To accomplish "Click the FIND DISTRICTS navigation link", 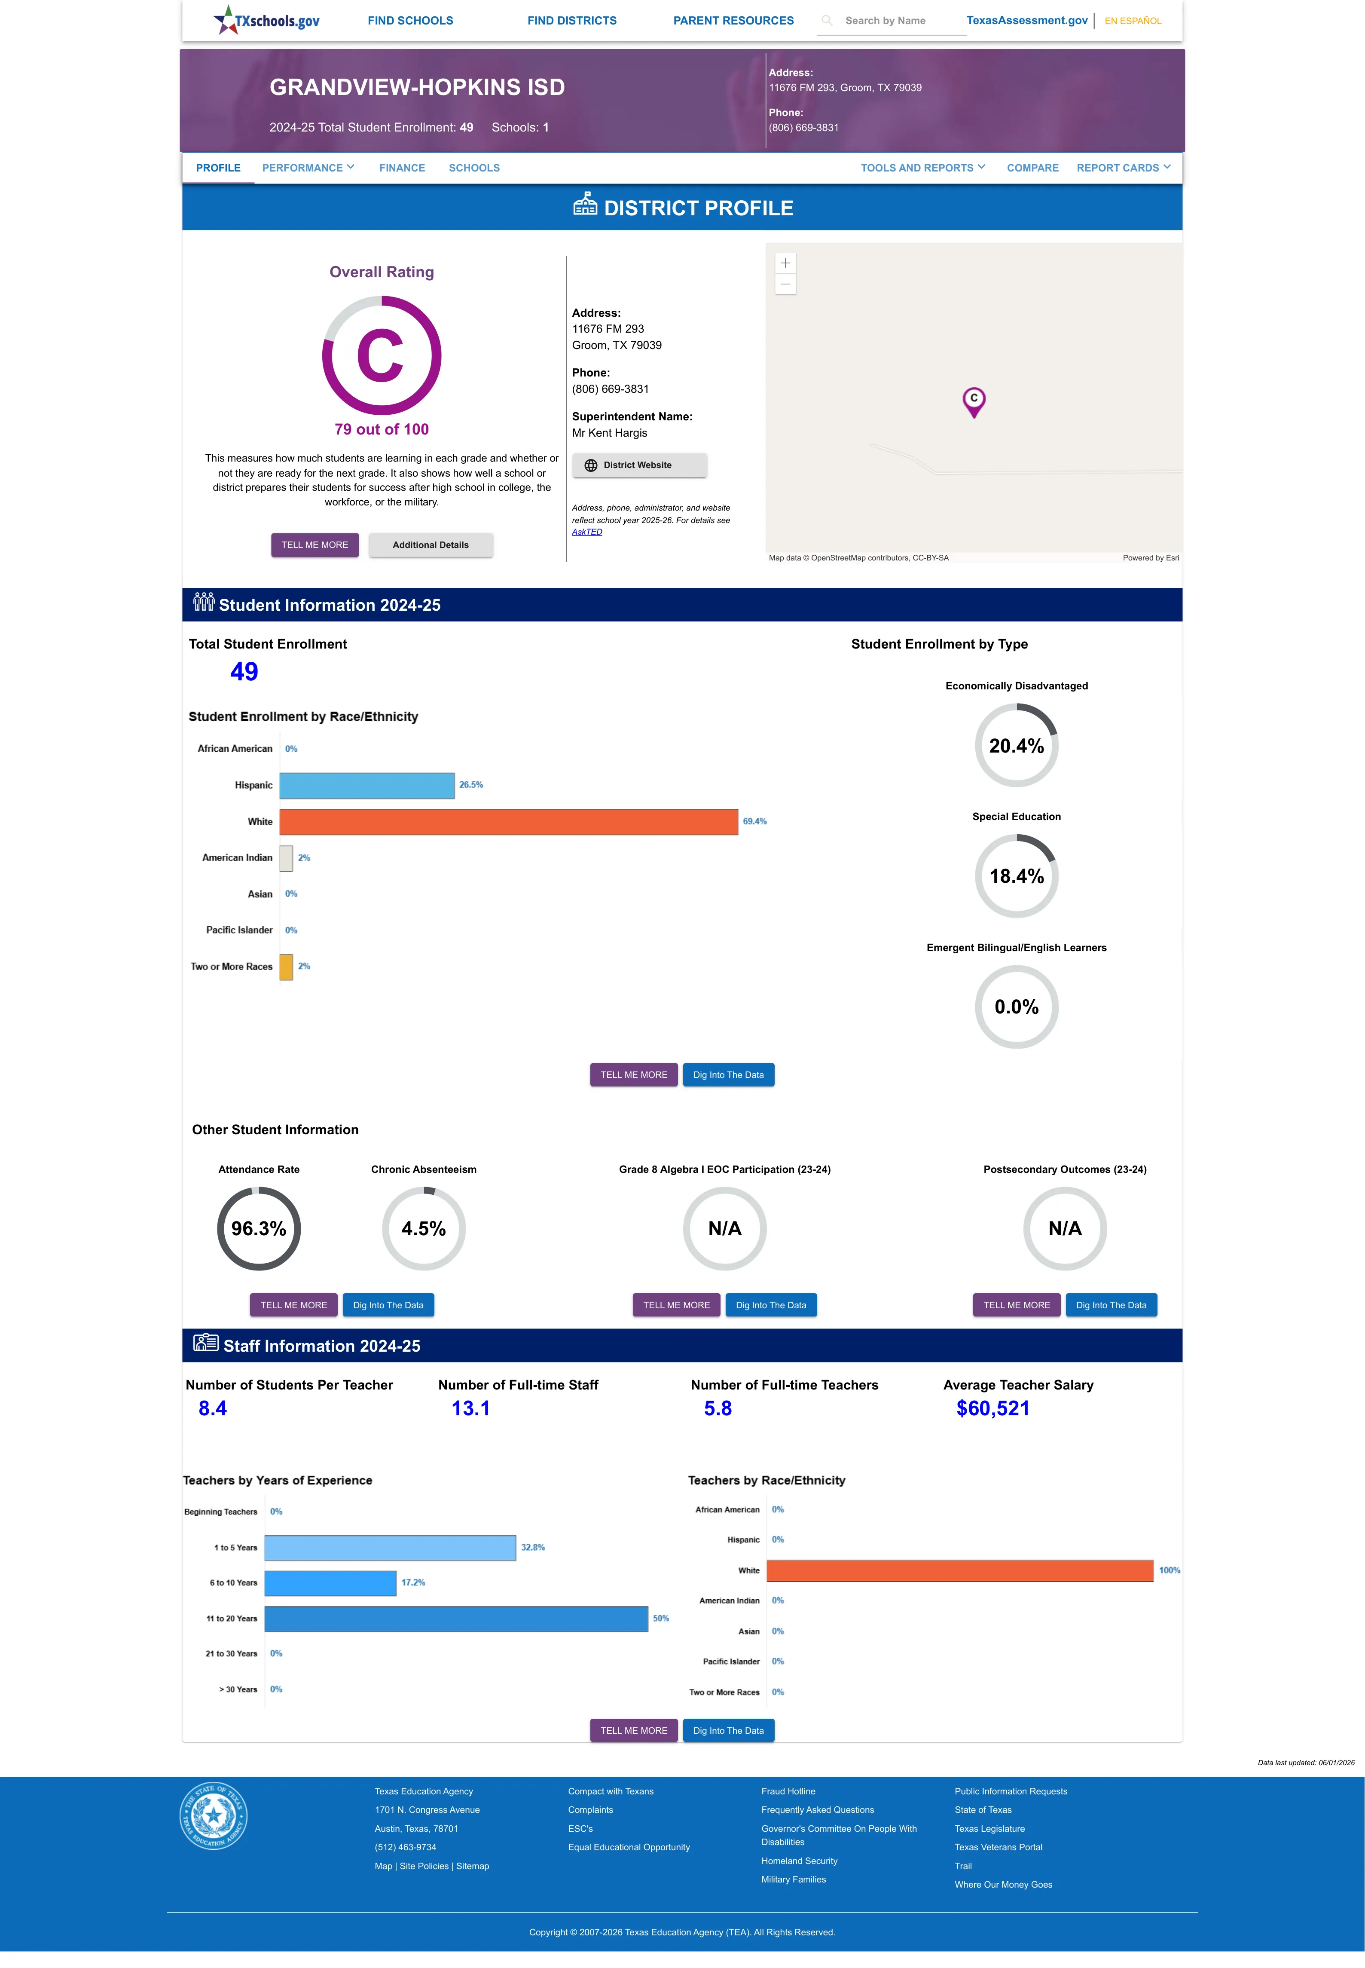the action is tap(571, 21).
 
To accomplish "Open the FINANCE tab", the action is tap(402, 168).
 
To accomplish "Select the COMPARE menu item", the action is tap(1032, 168).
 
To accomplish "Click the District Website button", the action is tap(639, 465).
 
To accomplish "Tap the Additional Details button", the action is tap(430, 545).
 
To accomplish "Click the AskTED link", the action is tap(587, 532).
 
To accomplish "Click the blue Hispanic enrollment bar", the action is tap(367, 785).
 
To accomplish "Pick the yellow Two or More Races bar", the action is tap(287, 967).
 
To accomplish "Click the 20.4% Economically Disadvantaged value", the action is tap(1016, 746).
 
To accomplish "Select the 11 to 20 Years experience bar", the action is tap(456, 1618).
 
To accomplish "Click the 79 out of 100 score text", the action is tap(382, 429).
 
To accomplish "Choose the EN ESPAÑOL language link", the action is tap(1133, 21).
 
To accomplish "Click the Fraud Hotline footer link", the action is tap(788, 1791).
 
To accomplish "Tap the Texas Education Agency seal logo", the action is tap(213, 1815).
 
